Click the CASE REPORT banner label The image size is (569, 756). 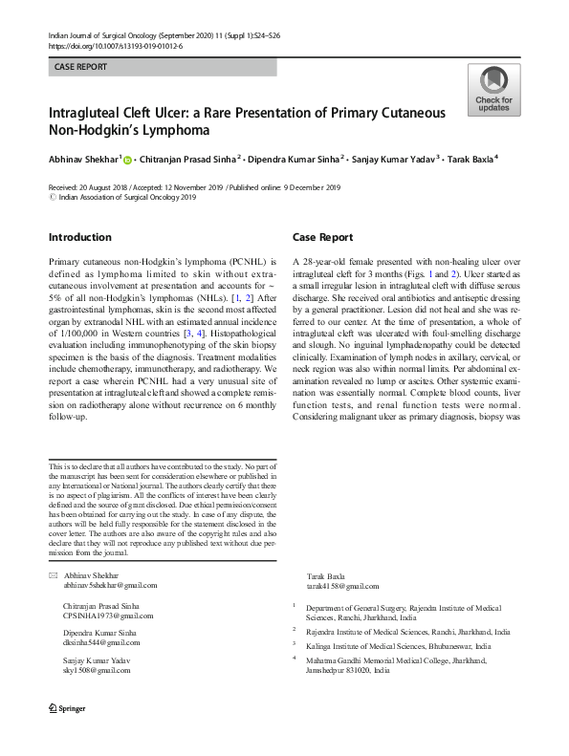coord(80,67)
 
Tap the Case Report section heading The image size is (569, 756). coord(322,237)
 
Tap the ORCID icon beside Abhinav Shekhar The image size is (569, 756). coord(126,160)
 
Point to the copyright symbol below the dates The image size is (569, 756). coord(52,197)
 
